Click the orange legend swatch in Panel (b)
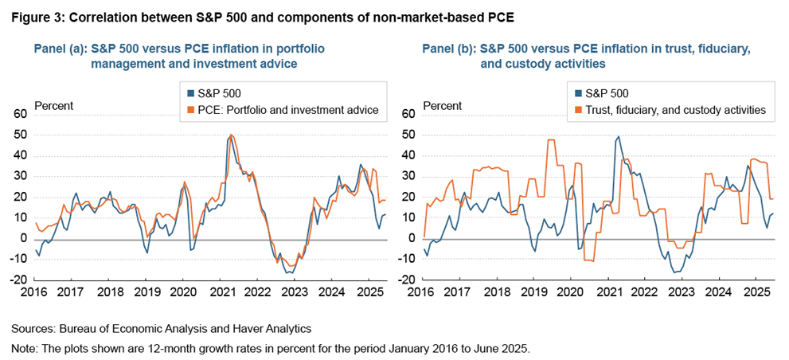[577, 109]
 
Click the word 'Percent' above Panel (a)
[54, 105]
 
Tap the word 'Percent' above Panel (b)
[442, 105]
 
